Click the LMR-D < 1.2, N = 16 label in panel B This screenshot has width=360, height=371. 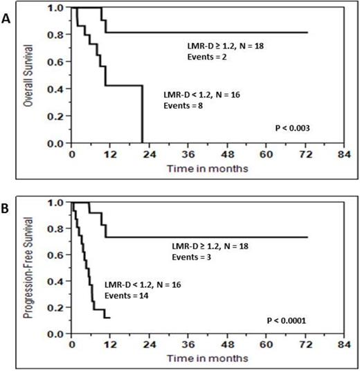(x=144, y=284)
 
